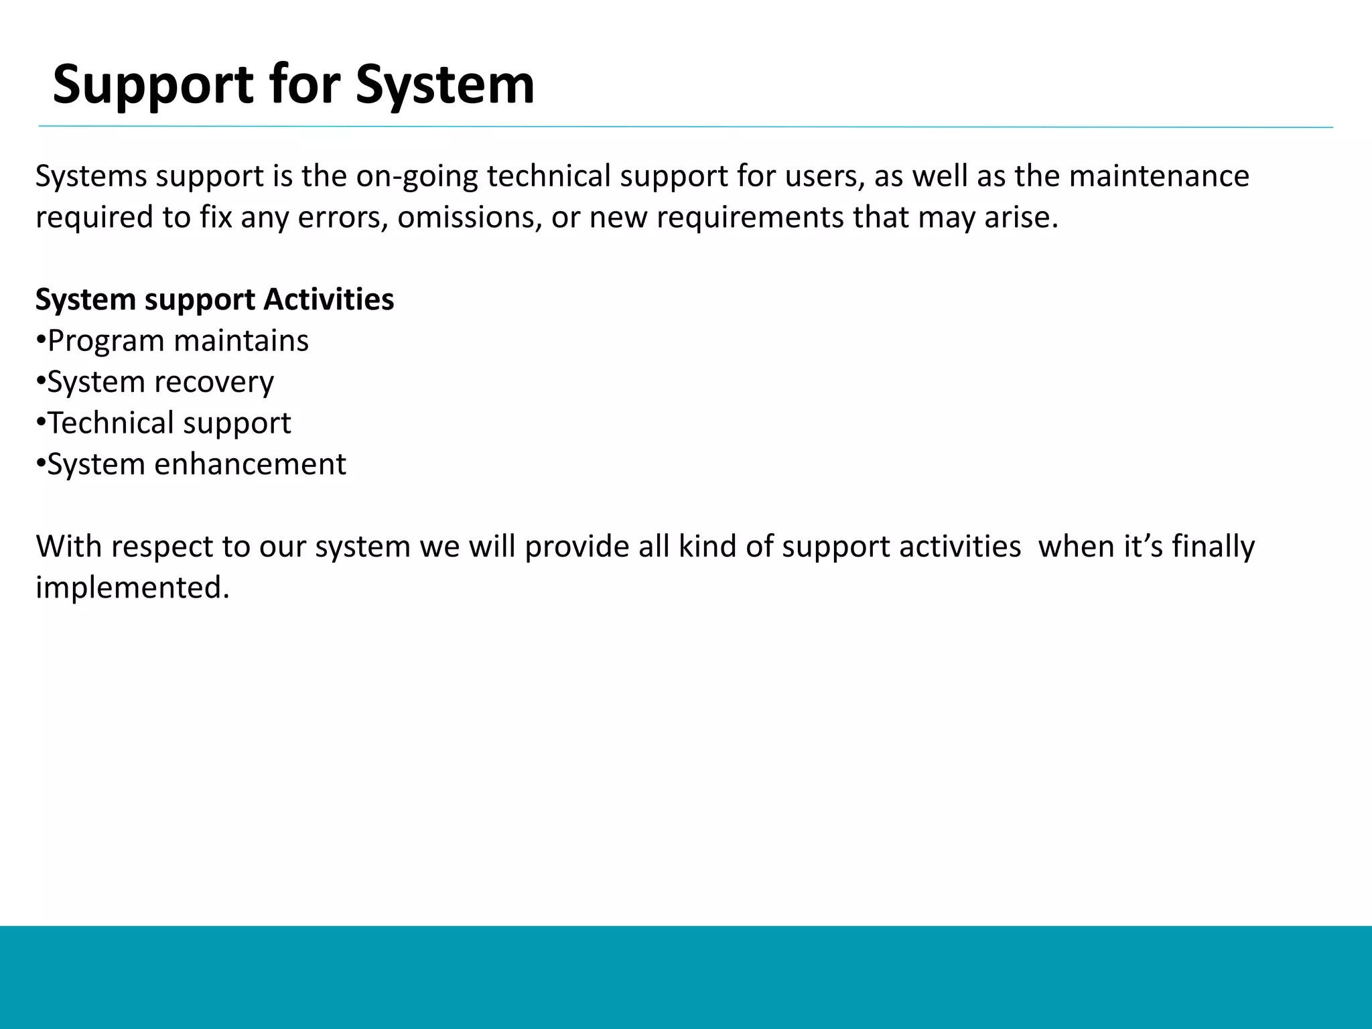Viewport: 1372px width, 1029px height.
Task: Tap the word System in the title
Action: point(445,85)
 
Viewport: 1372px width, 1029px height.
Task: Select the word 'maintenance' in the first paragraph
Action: point(1159,176)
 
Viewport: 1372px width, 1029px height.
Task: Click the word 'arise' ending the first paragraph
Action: point(1020,218)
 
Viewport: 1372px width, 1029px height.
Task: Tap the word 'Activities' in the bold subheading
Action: point(328,299)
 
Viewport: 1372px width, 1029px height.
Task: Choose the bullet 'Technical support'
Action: point(169,423)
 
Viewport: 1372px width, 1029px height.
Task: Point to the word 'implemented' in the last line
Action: point(131,588)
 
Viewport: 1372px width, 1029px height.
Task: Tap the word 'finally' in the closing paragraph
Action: point(1213,547)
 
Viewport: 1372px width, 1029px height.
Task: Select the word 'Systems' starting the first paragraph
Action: point(91,176)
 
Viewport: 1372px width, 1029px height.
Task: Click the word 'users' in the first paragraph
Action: point(823,176)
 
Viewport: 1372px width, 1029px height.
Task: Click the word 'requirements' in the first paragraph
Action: point(750,218)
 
